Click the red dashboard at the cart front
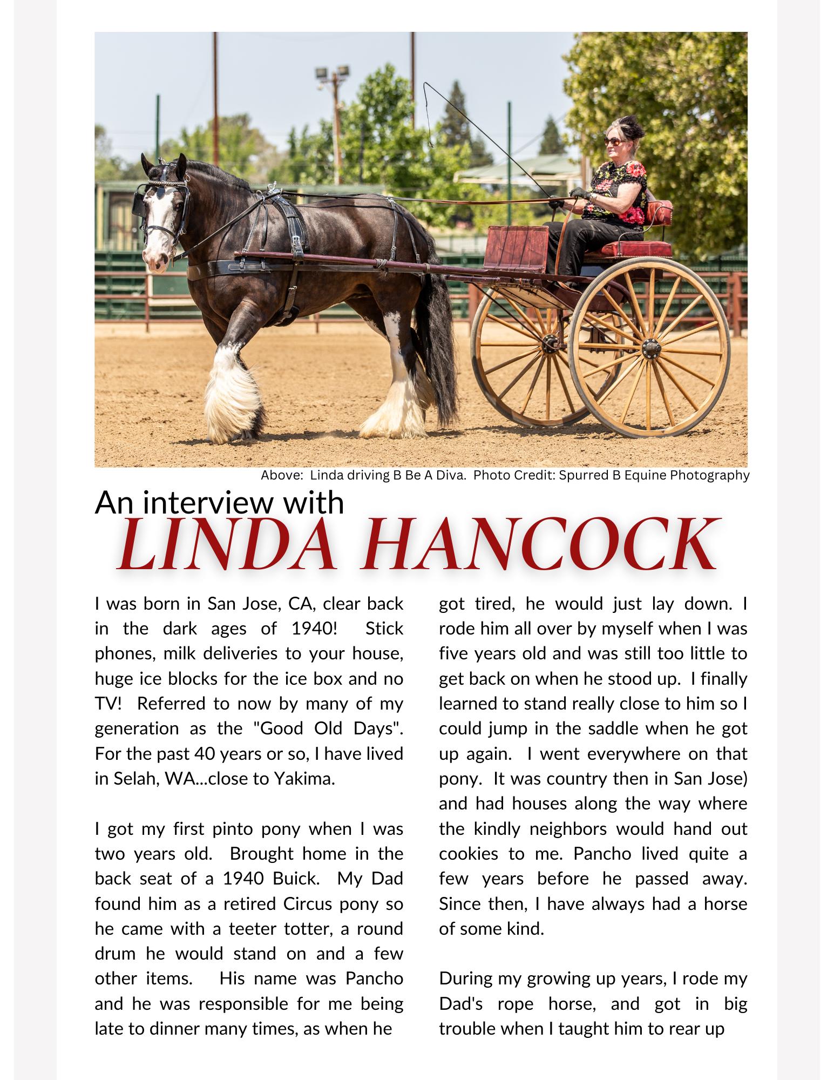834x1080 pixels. [516, 247]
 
